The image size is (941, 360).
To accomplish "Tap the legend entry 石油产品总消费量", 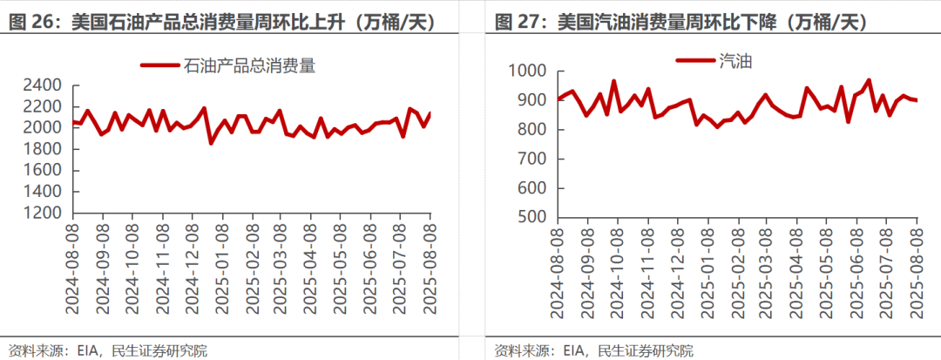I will (227, 65).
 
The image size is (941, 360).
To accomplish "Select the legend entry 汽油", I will (714, 60).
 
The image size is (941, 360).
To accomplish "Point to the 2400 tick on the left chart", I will (43, 85).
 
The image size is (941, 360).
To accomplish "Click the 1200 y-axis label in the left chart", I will (43, 213).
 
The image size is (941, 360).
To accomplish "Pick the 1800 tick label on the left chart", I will (43, 149).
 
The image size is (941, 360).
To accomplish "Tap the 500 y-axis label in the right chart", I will (532, 217).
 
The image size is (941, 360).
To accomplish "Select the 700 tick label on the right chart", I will (532, 159).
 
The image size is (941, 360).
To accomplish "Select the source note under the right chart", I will (593, 350).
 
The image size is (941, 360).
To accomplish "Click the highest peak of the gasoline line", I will (868, 80).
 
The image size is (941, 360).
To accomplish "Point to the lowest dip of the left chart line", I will (211, 143).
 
